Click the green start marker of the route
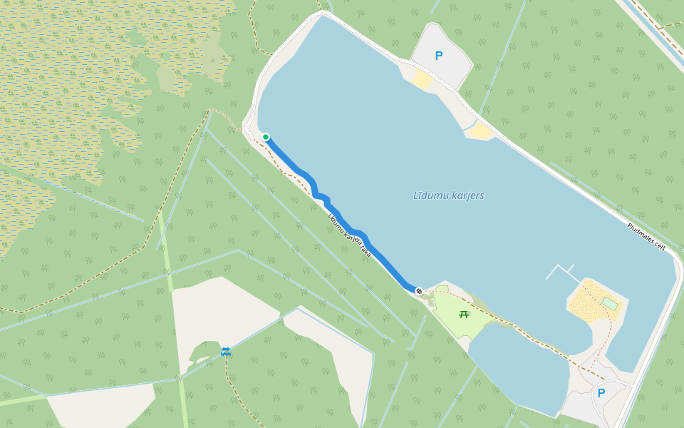(266, 137)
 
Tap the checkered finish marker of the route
(419, 291)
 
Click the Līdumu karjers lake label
(449, 195)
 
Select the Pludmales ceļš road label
(646, 237)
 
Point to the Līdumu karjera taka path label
(350, 235)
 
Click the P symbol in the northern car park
(439, 56)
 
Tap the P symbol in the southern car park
(601, 393)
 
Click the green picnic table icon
(464, 314)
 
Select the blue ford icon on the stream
(226, 351)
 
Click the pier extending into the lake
(563, 271)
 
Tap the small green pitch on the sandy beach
(609, 304)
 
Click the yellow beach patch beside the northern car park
(423, 79)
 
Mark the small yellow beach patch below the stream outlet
(482, 131)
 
